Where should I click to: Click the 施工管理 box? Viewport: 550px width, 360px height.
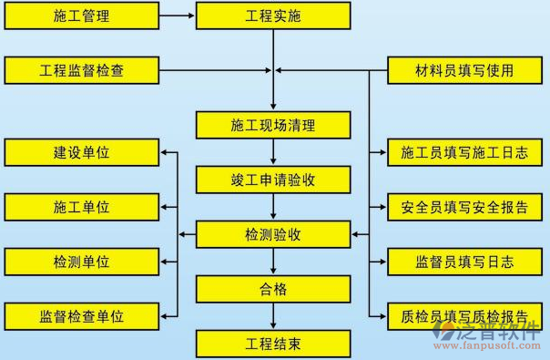[81, 15]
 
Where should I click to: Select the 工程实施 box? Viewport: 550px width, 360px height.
[273, 15]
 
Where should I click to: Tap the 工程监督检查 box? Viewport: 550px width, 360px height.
[81, 69]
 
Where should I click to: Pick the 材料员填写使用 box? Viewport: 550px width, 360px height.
[463, 69]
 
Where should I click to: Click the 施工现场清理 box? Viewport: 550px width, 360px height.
[273, 125]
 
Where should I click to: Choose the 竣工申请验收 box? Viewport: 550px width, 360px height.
[273, 180]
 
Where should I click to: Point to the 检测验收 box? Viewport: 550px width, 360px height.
[273, 234]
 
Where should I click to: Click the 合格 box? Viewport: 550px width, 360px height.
[273, 289]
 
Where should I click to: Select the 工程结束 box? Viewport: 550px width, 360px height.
[273, 344]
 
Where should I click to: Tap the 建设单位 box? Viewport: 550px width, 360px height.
[81, 152]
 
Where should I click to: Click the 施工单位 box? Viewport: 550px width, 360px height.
[81, 207]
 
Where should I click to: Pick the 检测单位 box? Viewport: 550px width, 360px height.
[81, 262]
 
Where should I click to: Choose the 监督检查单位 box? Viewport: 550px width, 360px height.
[81, 316]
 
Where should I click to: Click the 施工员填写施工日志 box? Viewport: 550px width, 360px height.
[463, 152]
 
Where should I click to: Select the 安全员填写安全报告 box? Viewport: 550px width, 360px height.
[463, 207]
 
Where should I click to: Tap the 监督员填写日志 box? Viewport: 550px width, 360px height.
[463, 262]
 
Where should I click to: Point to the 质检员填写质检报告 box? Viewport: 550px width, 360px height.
[463, 316]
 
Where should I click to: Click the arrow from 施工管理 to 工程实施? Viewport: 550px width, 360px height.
[177, 15]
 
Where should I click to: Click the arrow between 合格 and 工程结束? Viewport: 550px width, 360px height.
[273, 316]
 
